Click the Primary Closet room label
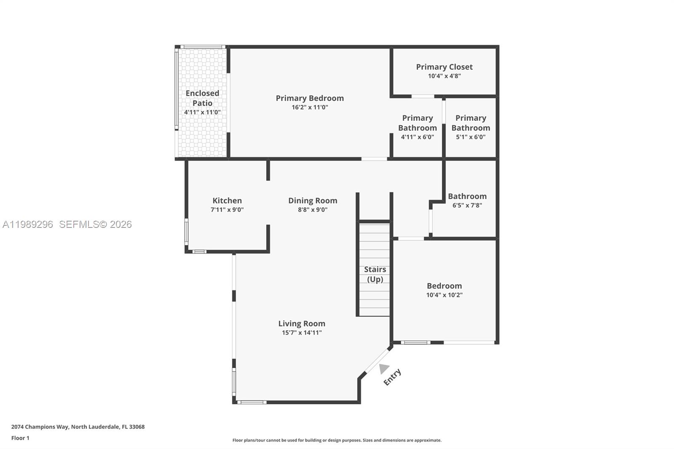444,67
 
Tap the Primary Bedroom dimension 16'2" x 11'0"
310,107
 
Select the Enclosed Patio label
202,98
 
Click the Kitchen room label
227,200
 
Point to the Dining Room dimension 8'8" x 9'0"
313,210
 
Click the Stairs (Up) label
375,274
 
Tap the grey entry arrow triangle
383,369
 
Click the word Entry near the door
392,377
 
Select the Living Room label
302,323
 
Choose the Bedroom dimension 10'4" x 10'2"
444,295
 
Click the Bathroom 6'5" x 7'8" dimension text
467,206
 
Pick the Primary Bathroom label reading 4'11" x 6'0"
417,137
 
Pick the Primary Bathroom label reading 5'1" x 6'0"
471,137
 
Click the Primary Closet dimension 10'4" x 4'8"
444,76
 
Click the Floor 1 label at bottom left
20,438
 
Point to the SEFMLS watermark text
95,224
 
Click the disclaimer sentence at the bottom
337,440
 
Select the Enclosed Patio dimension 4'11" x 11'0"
202,112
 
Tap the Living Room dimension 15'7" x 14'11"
302,333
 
